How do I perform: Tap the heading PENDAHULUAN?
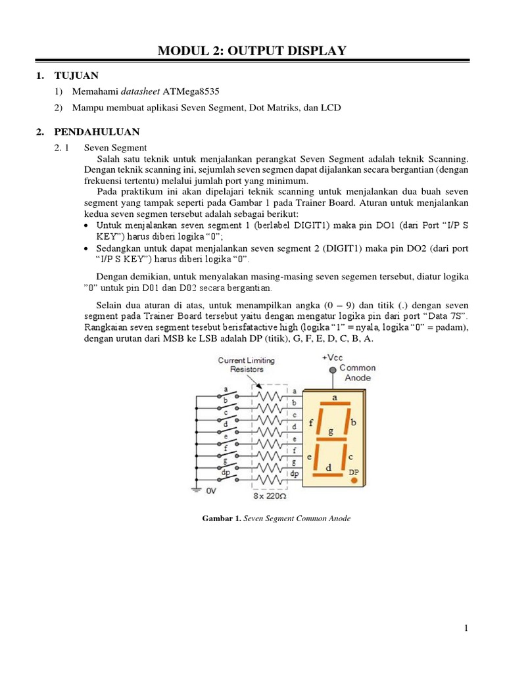point(97,131)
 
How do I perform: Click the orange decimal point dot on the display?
point(354,481)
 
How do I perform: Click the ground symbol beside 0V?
point(196,488)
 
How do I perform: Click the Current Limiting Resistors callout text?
point(247,365)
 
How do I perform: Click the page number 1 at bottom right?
point(466,629)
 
